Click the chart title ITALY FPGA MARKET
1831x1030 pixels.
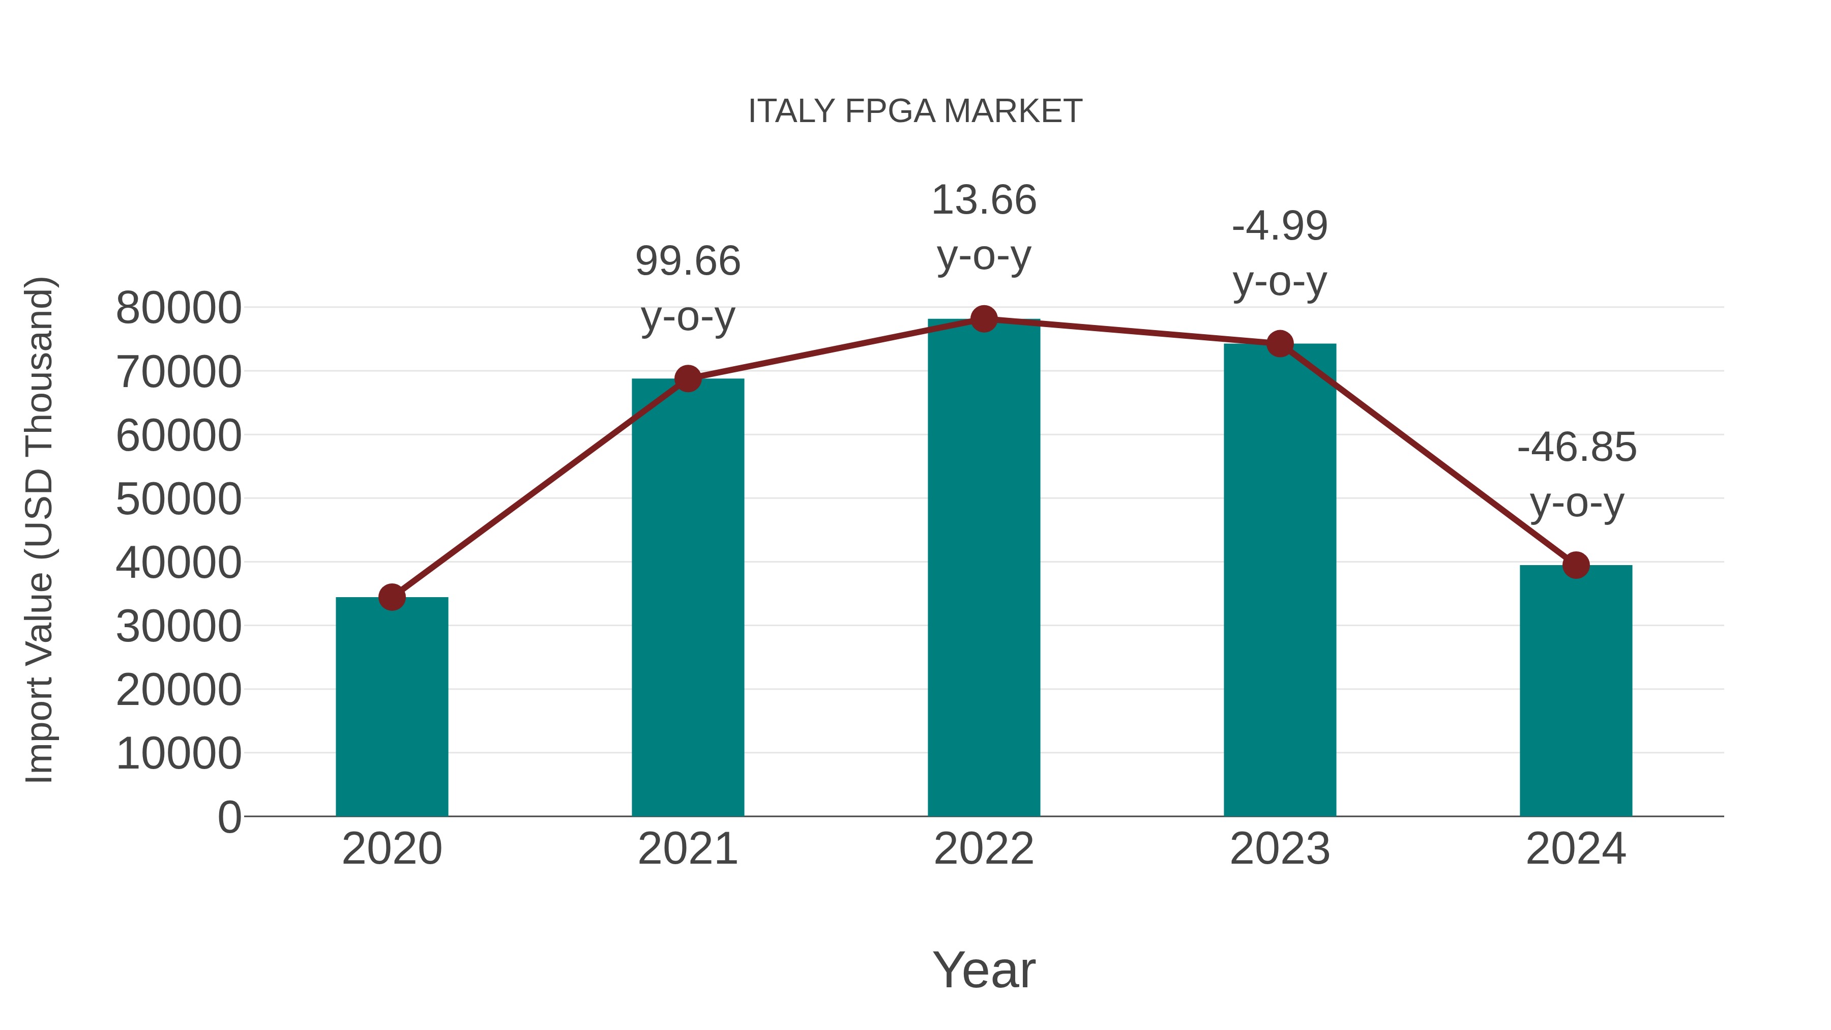click(x=915, y=111)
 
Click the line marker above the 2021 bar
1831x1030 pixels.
click(x=688, y=379)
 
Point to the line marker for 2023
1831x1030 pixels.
click(x=1280, y=344)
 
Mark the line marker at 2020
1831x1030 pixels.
click(x=392, y=597)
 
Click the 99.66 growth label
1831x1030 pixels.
click(x=688, y=261)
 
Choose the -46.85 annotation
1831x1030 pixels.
click(x=1577, y=448)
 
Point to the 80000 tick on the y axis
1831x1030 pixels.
click(x=179, y=309)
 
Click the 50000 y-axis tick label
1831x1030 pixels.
click(x=179, y=499)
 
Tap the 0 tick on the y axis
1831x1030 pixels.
click(x=229, y=817)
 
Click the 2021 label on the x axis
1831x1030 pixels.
click(x=688, y=849)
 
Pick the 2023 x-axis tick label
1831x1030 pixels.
click(x=1280, y=849)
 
